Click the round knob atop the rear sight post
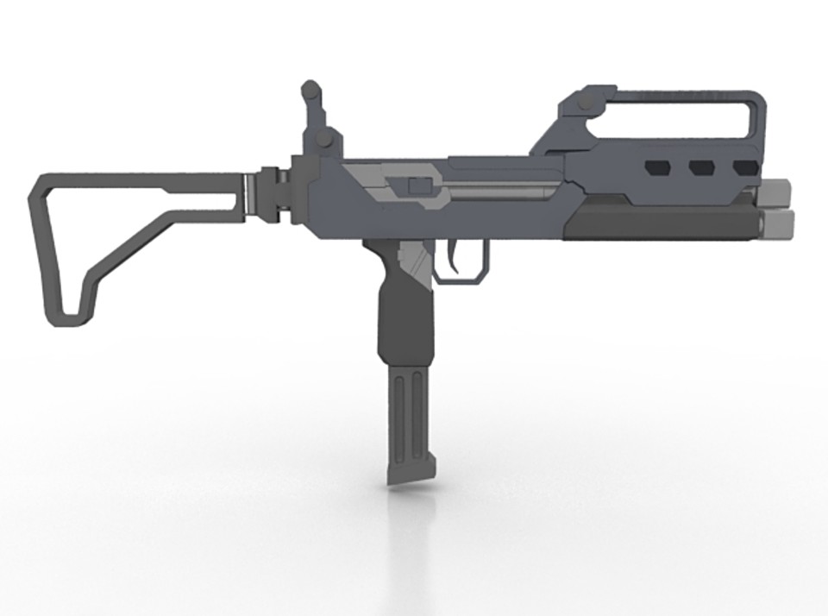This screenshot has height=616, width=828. pyautogui.click(x=310, y=88)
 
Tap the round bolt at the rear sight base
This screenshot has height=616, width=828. pyautogui.click(x=323, y=139)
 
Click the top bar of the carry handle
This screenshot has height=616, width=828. pyautogui.click(x=681, y=91)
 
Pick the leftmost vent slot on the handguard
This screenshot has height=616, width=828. pyautogui.click(x=658, y=167)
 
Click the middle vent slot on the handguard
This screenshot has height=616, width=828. pyautogui.click(x=701, y=167)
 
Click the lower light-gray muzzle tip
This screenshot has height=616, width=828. pyautogui.click(x=778, y=223)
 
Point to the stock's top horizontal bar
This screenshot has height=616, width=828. pyautogui.click(x=138, y=182)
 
